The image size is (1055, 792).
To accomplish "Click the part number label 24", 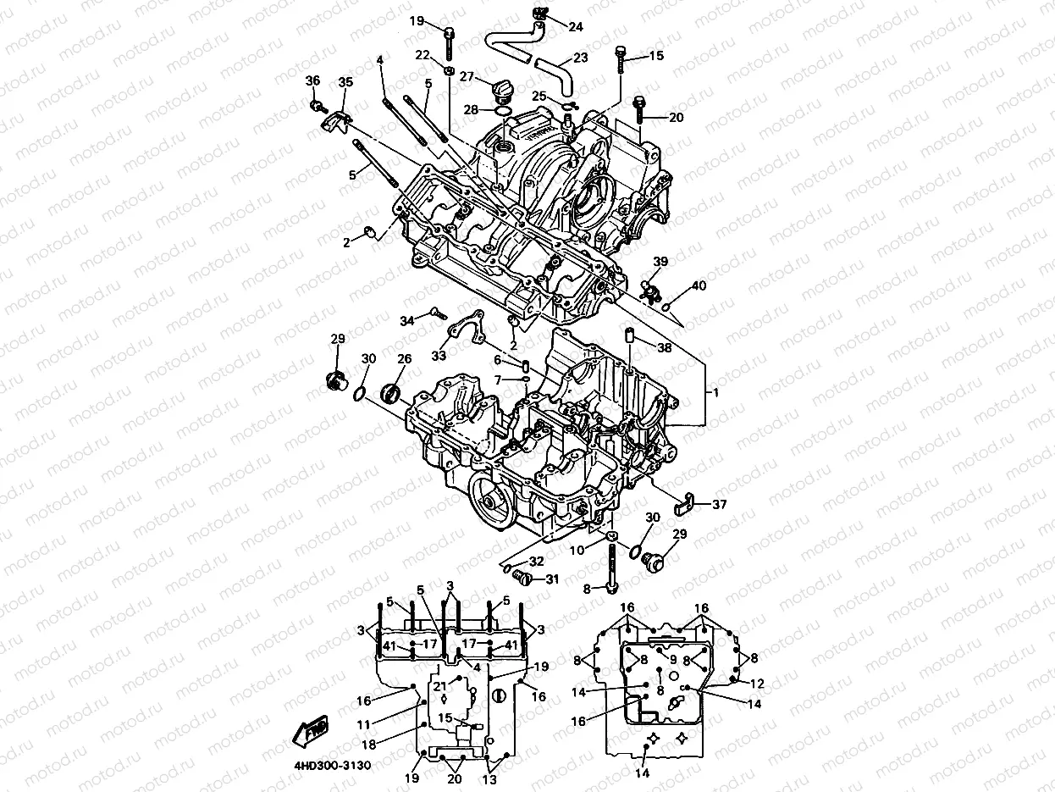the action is click(575, 27).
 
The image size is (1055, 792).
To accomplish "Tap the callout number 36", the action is click(312, 80).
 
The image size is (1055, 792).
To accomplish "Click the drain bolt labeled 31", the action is click(522, 576).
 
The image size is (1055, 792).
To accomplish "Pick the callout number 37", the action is click(719, 505).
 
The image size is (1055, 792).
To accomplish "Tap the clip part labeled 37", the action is click(683, 503).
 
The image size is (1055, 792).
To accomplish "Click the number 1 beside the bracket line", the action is click(715, 393).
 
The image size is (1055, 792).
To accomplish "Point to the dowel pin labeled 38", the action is click(628, 335).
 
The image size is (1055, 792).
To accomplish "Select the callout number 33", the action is click(439, 356).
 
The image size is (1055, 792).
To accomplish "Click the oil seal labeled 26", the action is click(390, 394).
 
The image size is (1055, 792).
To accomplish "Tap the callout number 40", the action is click(699, 285).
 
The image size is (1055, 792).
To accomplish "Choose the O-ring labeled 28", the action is click(503, 112).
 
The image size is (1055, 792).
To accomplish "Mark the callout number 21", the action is click(439, 687).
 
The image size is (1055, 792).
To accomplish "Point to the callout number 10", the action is click(577, 550).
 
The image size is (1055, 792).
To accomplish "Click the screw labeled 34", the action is click(439, 313).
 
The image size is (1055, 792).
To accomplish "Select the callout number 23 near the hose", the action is click(581, 58).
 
